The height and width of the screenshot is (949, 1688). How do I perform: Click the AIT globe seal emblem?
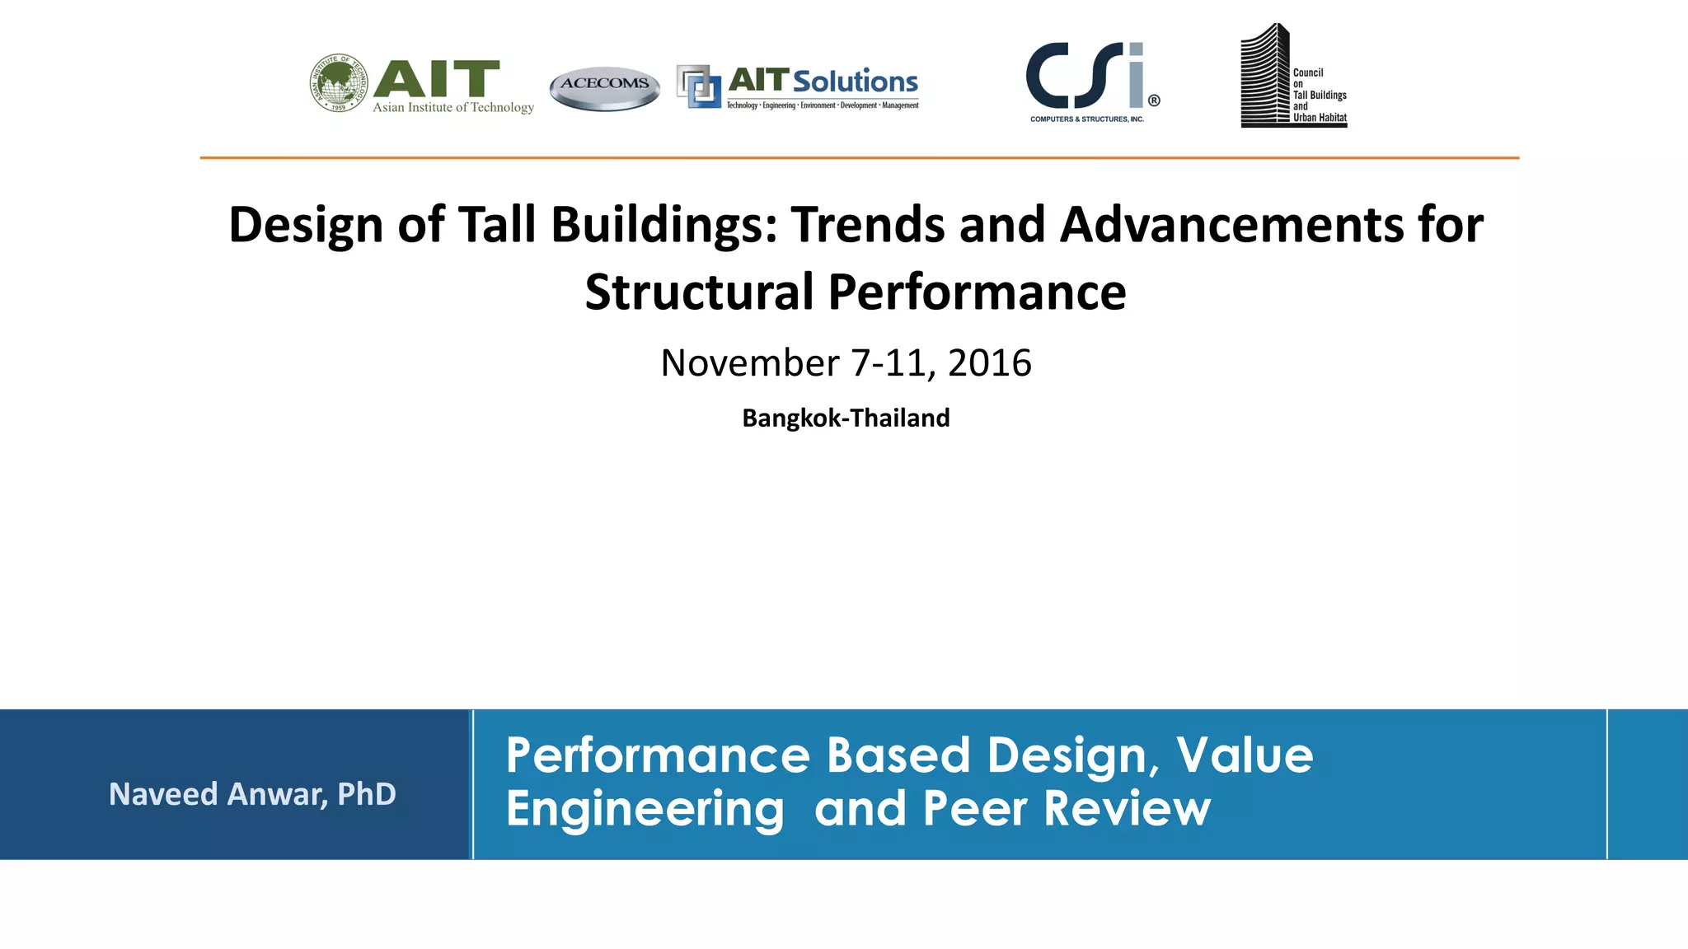tap(339, 83)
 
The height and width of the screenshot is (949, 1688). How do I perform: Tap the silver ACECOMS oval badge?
tap(604, 87)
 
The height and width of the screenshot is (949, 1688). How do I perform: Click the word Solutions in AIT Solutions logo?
tap(855, 82)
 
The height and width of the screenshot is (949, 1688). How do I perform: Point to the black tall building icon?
tap(1264, 76)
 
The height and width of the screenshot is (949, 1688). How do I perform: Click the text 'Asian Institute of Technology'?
tap(452, 107)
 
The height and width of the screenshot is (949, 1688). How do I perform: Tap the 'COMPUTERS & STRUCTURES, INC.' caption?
tap(1086, 119)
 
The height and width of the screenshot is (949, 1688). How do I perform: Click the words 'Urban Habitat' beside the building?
tap(1320, 118)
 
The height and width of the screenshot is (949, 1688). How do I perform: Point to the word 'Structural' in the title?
tap(699, 292)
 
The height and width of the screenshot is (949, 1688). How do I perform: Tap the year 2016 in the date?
tap(989, 363)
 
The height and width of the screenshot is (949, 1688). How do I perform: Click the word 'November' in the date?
tap(749, 363)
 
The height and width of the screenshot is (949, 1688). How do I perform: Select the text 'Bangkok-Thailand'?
tap(846, 418)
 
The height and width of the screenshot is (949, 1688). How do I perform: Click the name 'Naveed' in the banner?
tap(163, 794)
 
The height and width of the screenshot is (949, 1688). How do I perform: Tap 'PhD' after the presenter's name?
tap(366, 794)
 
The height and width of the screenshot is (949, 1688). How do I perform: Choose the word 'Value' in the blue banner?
tap(1244, 755)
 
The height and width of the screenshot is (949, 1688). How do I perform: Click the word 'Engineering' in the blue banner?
tap(645, 809)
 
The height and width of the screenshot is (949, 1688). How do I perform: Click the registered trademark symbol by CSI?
tap(1154, 101)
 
